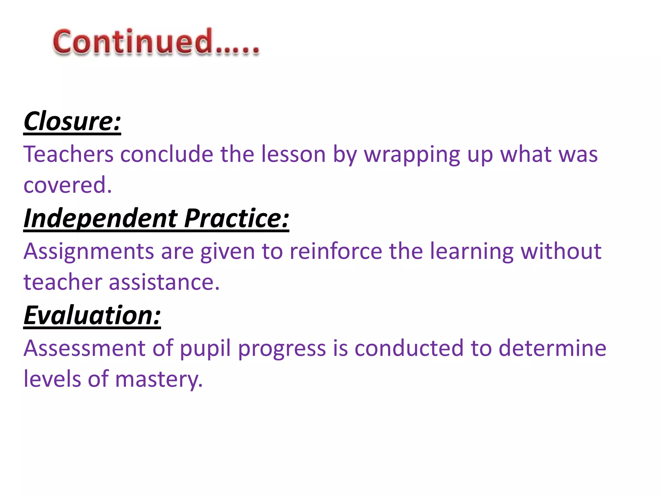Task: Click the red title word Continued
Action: (x=156, y=42)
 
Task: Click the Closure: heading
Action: (x=72, y=121)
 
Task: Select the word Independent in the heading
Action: (x=100, y=219)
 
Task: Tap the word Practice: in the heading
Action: (x=237, y=219)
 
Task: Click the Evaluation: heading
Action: (x=92, y=315)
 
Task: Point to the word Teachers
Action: (x=68, y=154)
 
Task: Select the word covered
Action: (x=67, y=185)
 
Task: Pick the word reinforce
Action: (x=336, y=251)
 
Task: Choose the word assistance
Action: (x=164, y=282)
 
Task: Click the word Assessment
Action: (x=85, y=348)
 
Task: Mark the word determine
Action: (x=552, y=348)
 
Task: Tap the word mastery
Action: (x=158, y=379)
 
